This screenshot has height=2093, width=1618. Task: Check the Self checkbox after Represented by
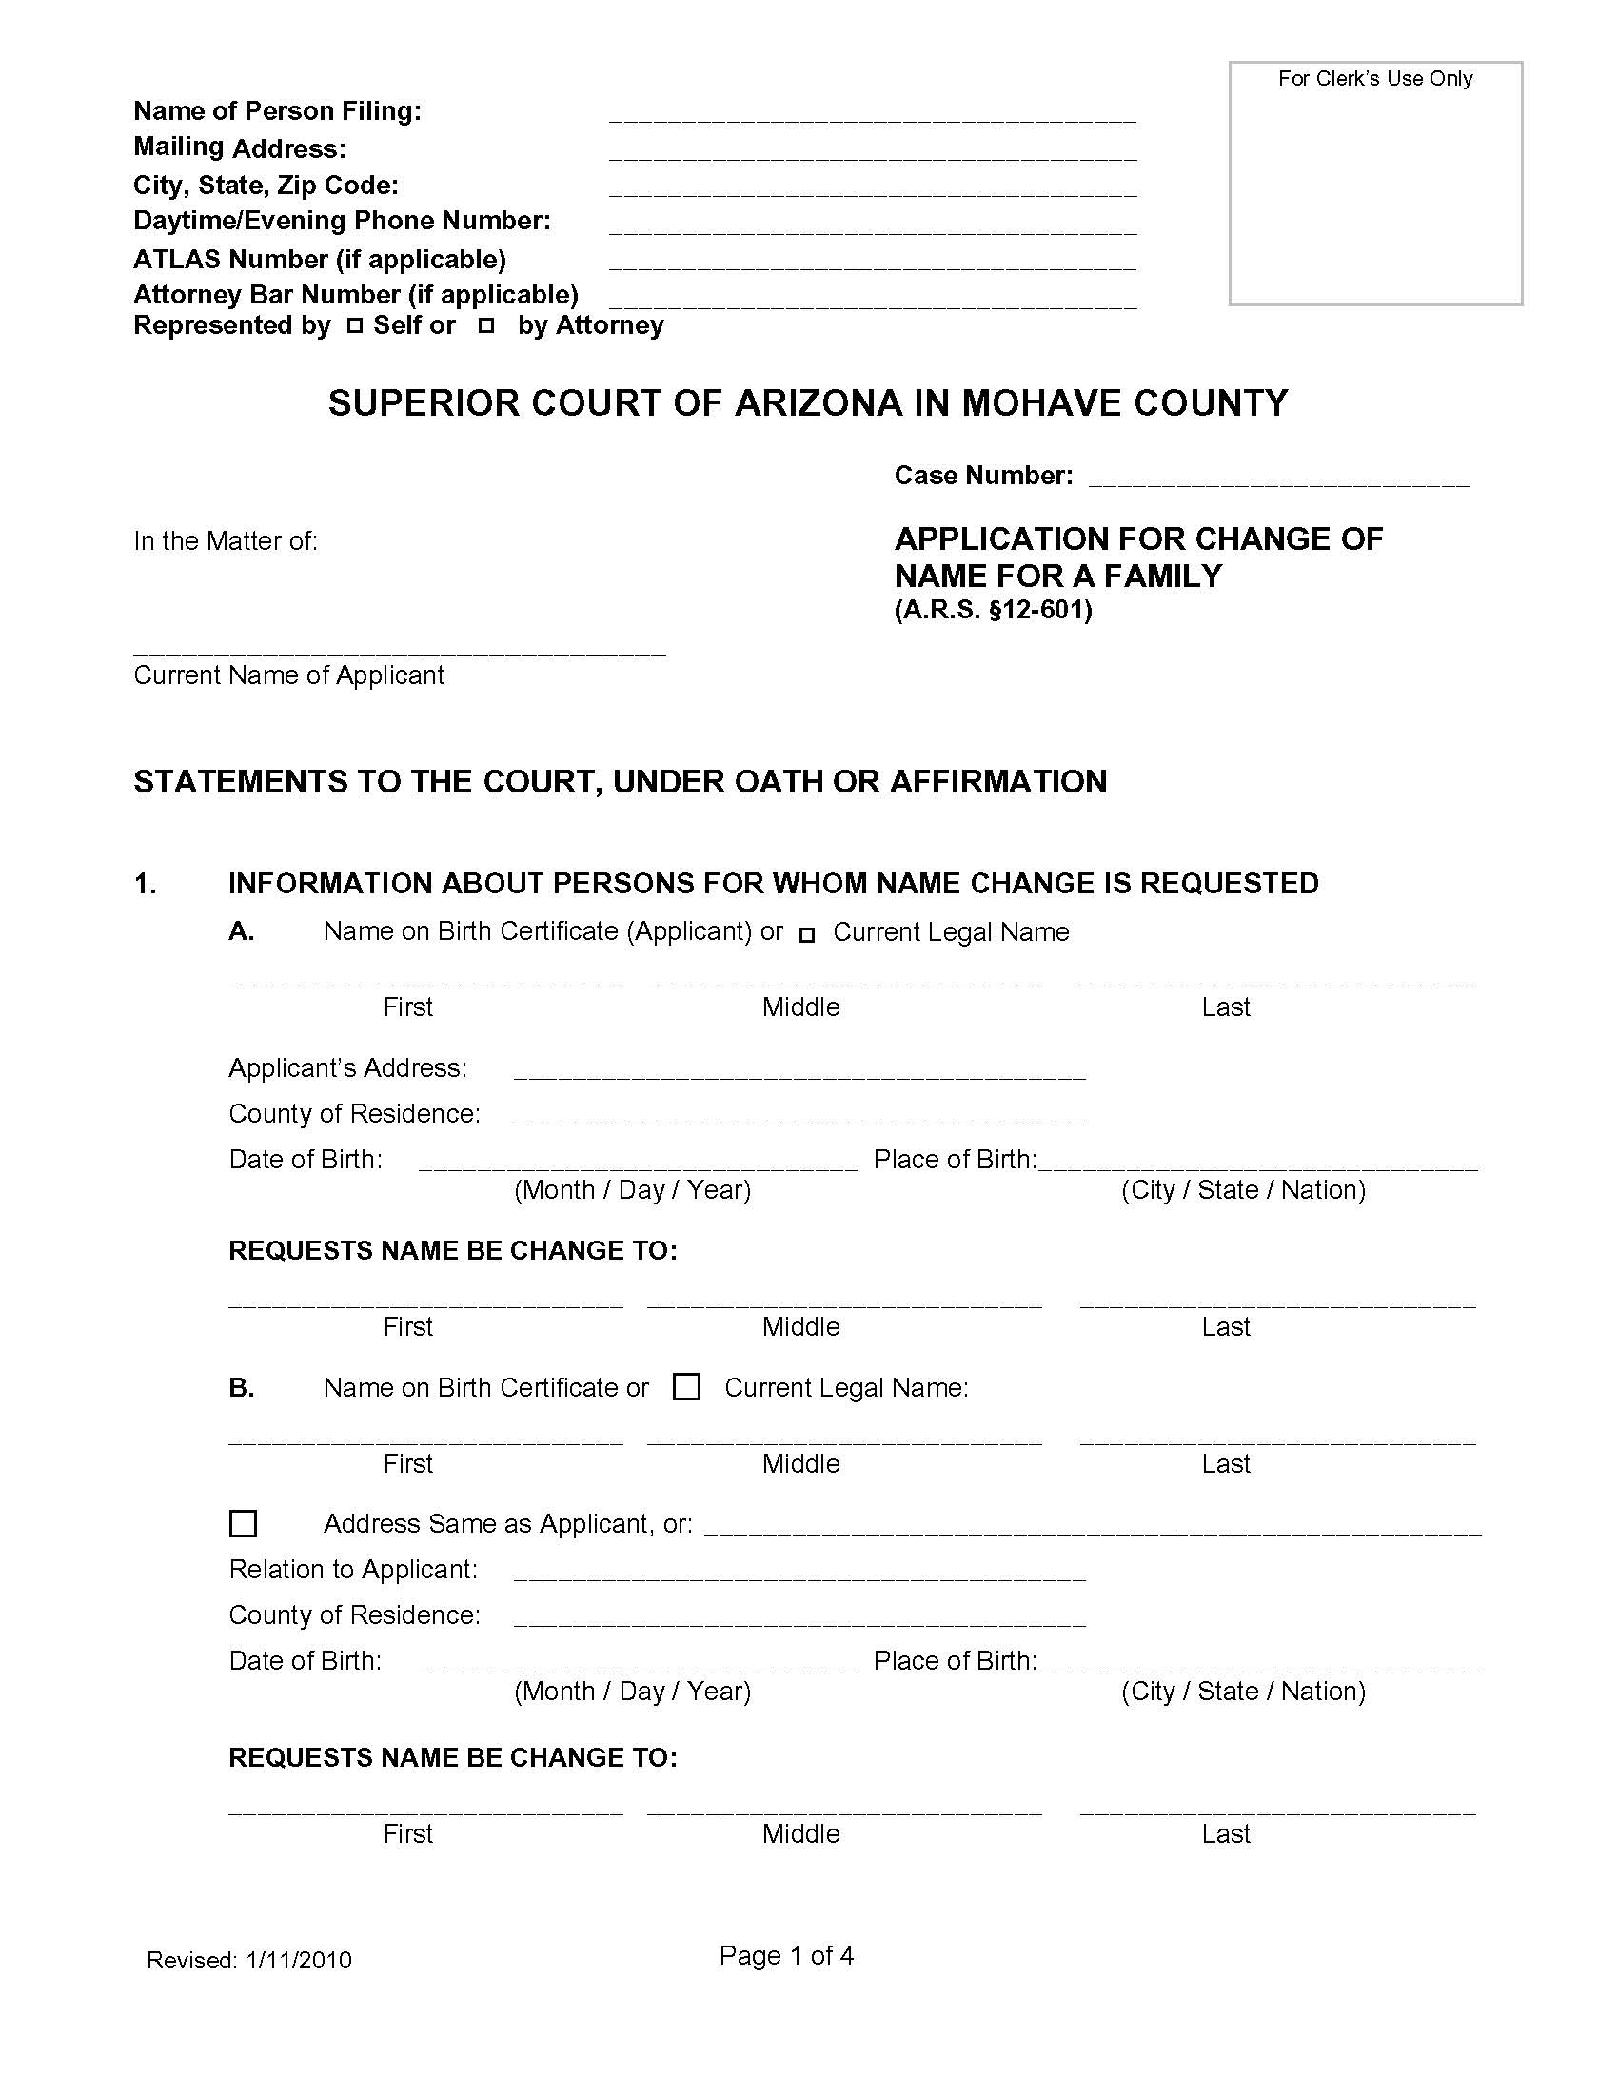pyautogui.click(x=355, y=326)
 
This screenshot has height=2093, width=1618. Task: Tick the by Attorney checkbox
pyautogui.click(x=486, y=326)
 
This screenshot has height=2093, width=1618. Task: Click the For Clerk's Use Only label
pyautogui.click(x=1374, y=79)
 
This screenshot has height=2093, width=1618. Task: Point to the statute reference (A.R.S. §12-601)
pyautogui.click(x=993, y=611)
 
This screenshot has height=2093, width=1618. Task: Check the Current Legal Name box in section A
pyautogui.click(x=807, y=934)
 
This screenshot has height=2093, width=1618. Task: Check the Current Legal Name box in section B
pyautogui.click(x=686, y=1387)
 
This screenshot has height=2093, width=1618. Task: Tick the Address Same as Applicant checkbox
pyautogui.click(x=244, y=1523)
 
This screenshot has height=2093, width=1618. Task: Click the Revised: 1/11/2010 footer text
pyautogui.click(x=249, y=1960)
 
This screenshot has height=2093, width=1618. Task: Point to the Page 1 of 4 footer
pyautogui.click(x=786, y=1955)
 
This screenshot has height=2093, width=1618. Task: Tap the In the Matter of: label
pyautogui.click(x=226, y=541)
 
